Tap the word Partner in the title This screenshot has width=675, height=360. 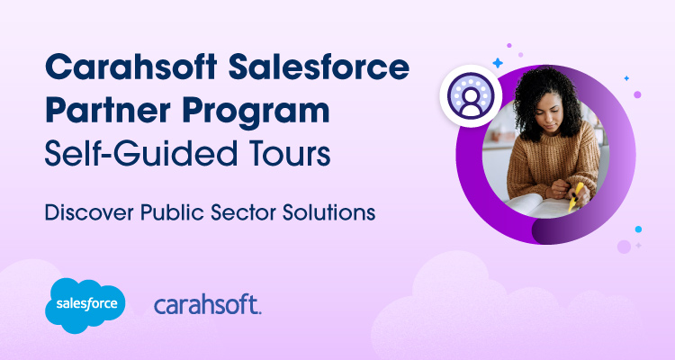(x=107, y=112)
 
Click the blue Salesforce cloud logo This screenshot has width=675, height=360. (x=85, y=301)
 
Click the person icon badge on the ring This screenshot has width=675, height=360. (x=469, y=95)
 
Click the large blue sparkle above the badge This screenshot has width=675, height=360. (x=496, y=63)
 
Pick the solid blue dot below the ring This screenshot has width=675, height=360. (x=638, y=229)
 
